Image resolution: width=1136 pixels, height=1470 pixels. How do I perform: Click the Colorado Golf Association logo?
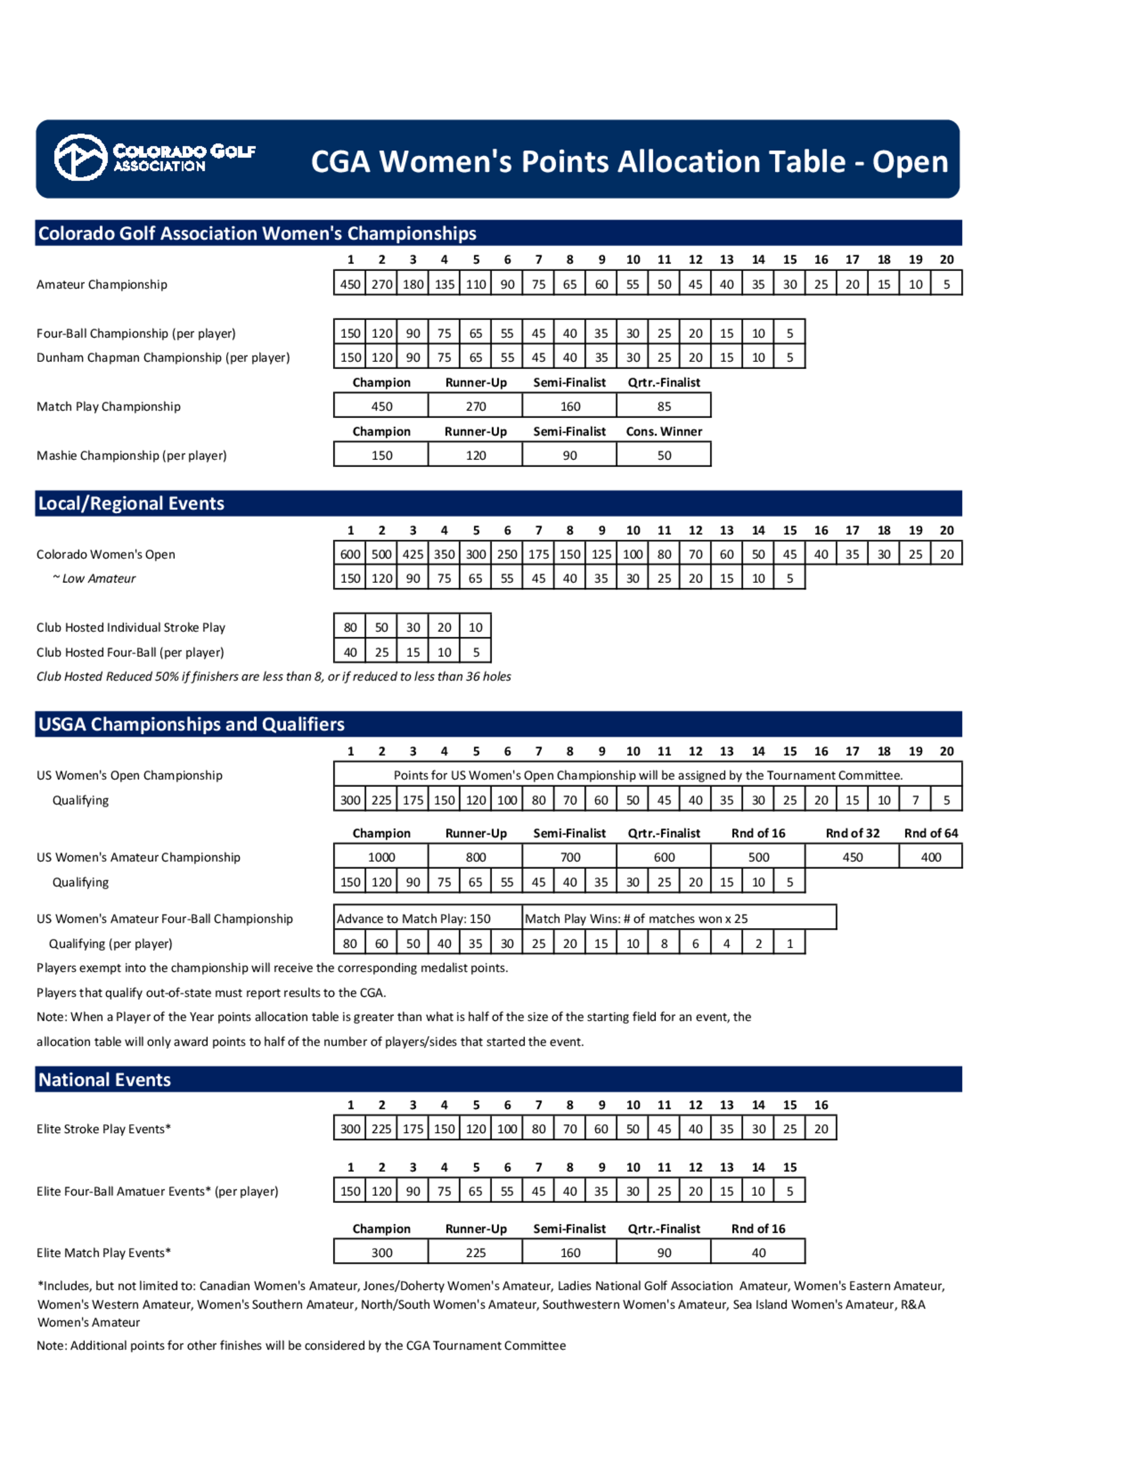tap(154, 157)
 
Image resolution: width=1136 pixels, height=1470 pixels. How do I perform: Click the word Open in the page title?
tap(910, 162)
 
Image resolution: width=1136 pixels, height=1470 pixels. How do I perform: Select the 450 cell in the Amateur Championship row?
tap(350, 284)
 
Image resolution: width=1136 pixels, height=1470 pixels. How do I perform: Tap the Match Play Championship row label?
tap(108, 407)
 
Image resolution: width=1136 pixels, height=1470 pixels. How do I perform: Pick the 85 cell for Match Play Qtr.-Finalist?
tap(663, 407)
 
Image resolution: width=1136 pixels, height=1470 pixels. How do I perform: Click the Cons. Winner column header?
tap(663, 432)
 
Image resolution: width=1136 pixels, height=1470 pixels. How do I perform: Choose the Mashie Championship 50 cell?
tap(663, 456)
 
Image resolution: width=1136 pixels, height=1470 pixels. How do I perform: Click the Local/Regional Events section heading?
tap(131, 503)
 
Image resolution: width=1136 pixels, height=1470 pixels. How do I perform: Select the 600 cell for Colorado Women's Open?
tap(350, 554)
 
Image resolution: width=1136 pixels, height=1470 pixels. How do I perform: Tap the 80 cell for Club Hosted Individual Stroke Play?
tap(350, 627)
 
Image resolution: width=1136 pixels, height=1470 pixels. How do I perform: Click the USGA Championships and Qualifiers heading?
tap(191, 724)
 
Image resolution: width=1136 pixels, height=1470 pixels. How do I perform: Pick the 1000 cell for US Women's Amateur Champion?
tap(381, 857)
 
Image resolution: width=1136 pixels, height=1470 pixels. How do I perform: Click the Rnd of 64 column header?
tap(931, 833)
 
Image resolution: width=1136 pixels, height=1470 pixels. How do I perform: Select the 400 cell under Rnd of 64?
tap(931, 857)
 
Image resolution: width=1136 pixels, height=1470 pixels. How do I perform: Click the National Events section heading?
tap(105, 1080)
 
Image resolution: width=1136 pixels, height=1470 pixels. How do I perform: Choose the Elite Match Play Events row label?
tap(103, 1252)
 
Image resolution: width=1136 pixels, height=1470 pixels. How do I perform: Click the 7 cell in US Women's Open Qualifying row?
tap(915, 800)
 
